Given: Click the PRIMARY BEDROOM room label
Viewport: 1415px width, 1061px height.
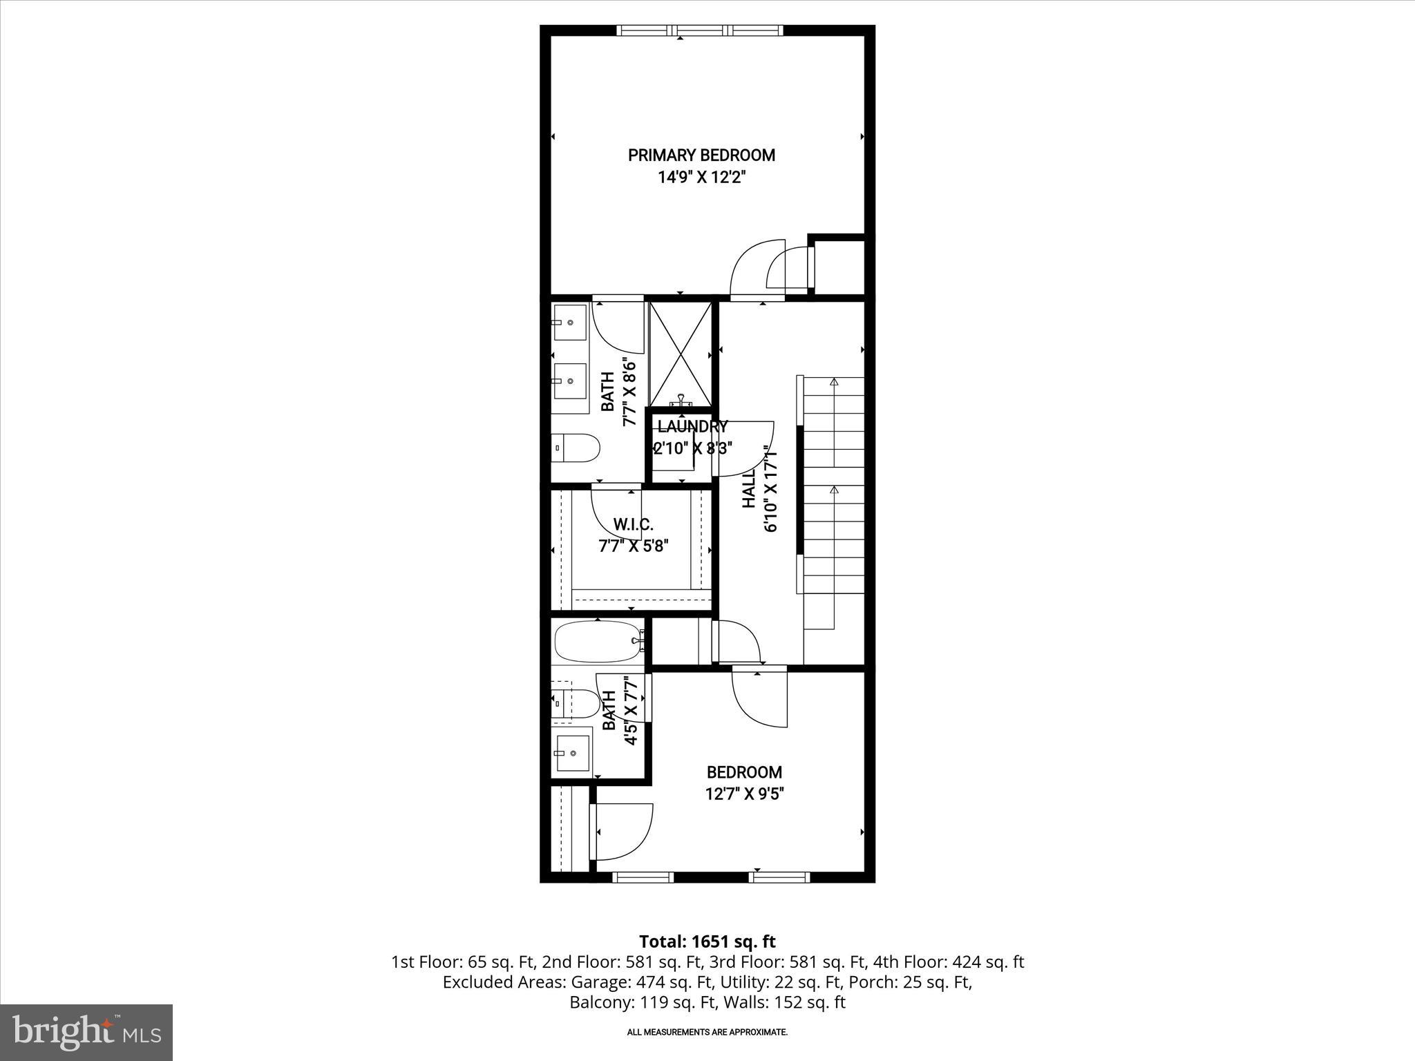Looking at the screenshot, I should tap(701, 155).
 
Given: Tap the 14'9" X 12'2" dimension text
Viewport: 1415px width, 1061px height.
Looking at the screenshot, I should tap(701, 178).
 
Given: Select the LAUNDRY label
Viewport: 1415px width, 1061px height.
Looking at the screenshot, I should tap(692, 426).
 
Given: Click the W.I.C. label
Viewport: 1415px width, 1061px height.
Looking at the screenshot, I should tap(633, 525).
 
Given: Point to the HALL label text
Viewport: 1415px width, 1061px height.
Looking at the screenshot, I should tap(750, 492).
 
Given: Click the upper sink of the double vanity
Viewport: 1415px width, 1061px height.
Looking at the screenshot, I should tap(570, 323).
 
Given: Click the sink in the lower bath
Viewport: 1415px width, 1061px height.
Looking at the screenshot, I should tap(572, 752).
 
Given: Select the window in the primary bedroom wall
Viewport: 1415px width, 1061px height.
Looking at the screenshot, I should tap(700, 30).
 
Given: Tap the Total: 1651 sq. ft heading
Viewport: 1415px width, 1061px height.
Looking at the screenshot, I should tap(707, 941).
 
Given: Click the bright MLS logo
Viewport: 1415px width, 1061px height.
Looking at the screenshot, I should tap(86, 1032).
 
